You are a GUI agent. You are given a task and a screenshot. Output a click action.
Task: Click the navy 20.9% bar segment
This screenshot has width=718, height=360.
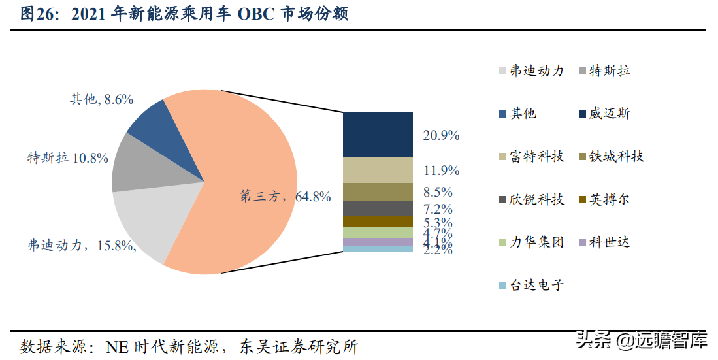pyautogui.click(x=378, y=135)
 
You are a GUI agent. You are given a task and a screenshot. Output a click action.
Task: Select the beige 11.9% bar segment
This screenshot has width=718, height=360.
pyautogui.click(x=378, y=170)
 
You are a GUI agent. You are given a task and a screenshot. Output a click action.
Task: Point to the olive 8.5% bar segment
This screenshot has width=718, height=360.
pyautogui.click(x=378, y=192)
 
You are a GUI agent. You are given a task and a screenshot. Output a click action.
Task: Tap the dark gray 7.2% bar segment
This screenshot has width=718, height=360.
pyautogui.click(x=378, y=208)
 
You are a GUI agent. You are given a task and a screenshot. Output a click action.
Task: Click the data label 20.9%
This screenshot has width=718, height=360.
pyautogui.click(x=441, y=135)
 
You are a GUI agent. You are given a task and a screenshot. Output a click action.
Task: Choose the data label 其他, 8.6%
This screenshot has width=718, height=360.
pyautogui.click(x=102, y=99)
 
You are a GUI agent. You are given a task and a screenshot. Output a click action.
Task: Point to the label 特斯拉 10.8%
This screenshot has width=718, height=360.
pyautogui.click(x=67, y=157)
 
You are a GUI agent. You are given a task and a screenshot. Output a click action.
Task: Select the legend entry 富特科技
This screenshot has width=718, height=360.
pyautogui.click(x=536, y=157)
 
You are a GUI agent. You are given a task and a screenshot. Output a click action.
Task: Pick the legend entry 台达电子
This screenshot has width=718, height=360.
pyautogui.click(x=536, y=286)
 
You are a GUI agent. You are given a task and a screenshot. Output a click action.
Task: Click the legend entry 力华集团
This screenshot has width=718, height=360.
pyautogui.click(x=536, y=242)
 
